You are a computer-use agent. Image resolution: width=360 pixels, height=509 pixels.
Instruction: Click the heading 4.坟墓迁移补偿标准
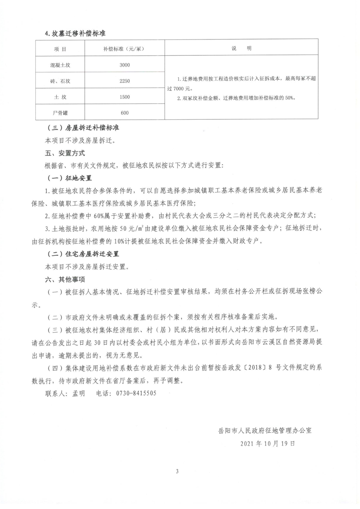point(75,34)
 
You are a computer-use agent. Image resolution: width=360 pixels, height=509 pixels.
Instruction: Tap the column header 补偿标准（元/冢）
point(124,49)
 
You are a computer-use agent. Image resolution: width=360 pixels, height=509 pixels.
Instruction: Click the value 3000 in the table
point(124,65)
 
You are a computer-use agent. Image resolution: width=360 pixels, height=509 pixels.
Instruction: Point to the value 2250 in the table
point(124,81)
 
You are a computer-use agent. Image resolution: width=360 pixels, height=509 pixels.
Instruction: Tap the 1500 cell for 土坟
point(124,97)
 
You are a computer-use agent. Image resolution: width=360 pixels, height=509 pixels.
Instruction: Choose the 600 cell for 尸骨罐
point(124,113)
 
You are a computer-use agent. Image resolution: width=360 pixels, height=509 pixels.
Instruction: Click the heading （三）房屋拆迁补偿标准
point(83,129)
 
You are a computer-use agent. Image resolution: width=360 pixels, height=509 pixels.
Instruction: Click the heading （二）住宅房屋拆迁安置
point(86,254)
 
